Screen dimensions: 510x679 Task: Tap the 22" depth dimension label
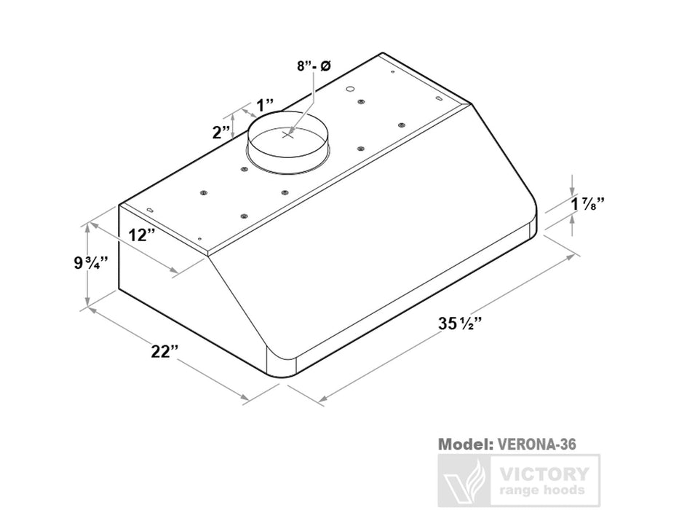coord(166,351)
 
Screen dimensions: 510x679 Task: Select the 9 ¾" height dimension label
coord(91,263)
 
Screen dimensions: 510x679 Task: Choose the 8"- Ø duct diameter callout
coord(314,66)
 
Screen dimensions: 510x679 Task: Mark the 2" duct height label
coord(221,133)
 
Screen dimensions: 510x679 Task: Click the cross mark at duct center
coord(288,134)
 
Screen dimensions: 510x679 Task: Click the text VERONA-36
coord(538,443)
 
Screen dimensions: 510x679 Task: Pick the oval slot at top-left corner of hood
coord(151,211)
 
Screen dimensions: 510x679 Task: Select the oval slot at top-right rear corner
coord(439,98)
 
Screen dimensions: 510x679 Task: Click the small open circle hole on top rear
coord(349,89)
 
